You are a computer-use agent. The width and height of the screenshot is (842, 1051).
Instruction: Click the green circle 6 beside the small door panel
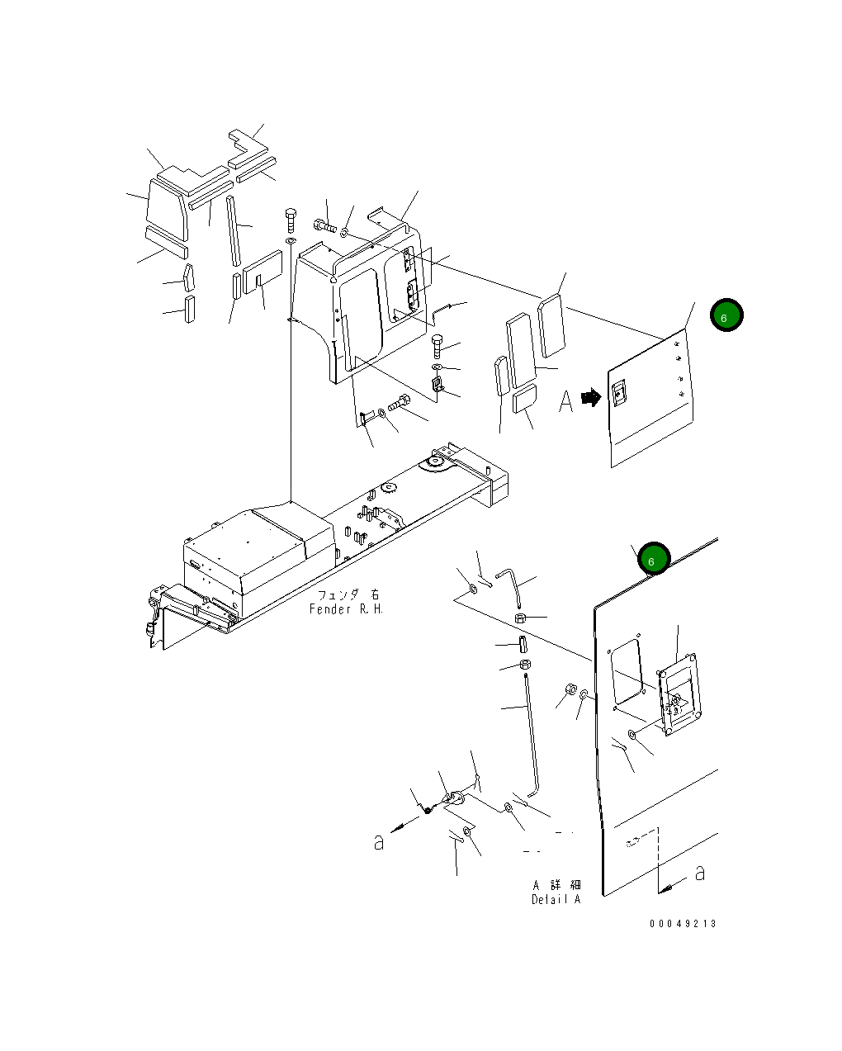pos(726,315)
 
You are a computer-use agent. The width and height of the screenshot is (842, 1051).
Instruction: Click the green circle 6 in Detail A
pos(653,558)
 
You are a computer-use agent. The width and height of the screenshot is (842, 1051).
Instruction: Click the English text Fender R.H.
pos(346,608)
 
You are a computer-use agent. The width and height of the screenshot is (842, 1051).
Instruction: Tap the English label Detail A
pos(556,899)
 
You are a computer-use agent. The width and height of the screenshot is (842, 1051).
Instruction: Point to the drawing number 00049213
pos(683,924)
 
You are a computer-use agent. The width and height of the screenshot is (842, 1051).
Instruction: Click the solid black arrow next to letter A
pos(591,397)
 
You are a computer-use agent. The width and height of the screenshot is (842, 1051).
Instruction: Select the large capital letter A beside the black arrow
pos(565,401)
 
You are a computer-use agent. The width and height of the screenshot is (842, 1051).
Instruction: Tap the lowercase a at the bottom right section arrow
pos(699,873)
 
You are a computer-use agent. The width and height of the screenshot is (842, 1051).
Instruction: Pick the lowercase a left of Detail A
pos(379,842)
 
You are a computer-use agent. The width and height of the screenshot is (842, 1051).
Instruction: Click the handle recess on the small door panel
pos(619,393)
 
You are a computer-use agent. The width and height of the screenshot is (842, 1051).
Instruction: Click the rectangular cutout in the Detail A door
pos(627,672)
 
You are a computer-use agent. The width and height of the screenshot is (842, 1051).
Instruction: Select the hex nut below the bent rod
pos(520,618)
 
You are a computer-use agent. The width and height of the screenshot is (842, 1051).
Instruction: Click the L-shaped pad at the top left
pos(248,148)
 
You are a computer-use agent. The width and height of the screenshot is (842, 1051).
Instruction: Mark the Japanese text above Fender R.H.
pos(348,594)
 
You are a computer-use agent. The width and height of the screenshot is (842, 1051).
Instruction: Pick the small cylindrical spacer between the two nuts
pos(523,644)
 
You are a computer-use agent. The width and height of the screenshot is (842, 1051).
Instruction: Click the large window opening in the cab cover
pos(362,320)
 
